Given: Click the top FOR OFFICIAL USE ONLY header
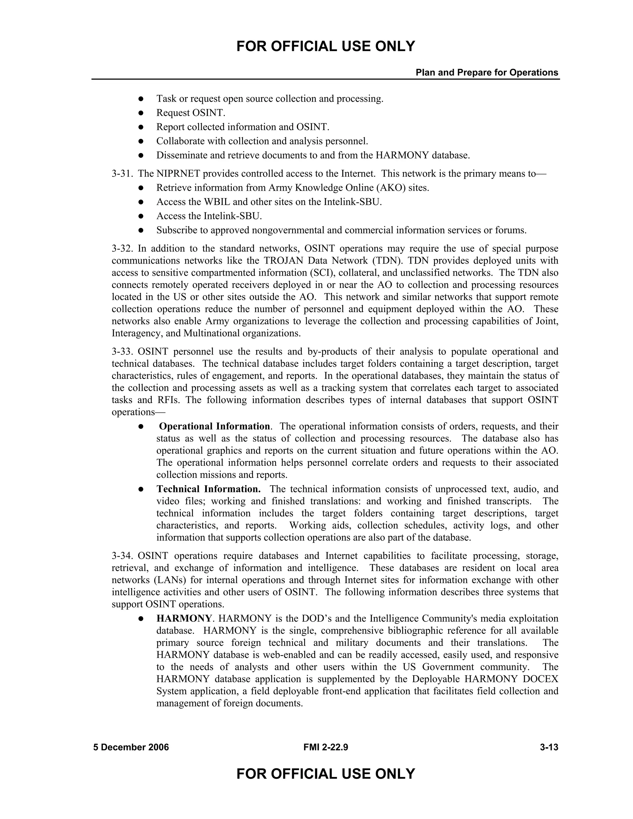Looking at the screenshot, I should tap(325, 46).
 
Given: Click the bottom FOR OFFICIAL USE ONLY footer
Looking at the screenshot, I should tap(325, 774).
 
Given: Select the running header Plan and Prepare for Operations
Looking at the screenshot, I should tap(487, 72).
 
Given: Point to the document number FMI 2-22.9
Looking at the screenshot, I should tap(325, 747).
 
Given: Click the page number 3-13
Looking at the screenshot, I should tap(549, 747).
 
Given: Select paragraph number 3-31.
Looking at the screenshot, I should tap(122, 174).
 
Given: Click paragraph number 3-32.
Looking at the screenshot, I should tap(122, 248).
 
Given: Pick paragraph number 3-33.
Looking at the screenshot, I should tap(122, 351).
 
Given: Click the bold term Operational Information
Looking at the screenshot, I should tap(214, 426).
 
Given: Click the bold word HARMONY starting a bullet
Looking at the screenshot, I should tap(184, 618).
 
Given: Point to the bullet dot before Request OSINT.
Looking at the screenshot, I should tap(141, 113).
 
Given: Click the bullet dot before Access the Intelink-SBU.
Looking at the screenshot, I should tap(141, 216).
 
